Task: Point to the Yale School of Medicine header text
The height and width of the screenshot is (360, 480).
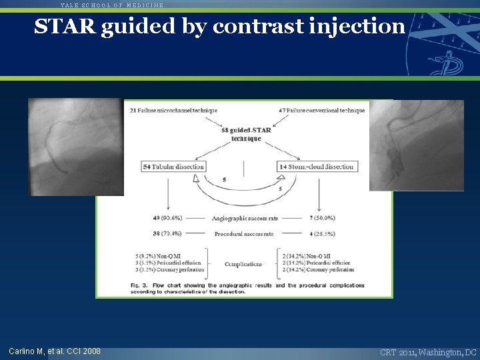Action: pyautogui.click(x=111, y=5)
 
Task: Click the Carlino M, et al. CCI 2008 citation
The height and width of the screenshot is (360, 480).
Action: pyautogui.click(x=55, y=351)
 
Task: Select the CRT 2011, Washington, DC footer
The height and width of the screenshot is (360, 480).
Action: pyautogui.click(x=428, y=351)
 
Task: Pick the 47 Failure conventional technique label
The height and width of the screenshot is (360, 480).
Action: pyautogui.click(x=322, y=110)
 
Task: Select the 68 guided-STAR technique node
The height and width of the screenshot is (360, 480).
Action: pyautogui.click(x=247, y=134)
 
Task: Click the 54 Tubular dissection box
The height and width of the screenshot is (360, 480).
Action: pyautogui.click(x=173, y=166)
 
